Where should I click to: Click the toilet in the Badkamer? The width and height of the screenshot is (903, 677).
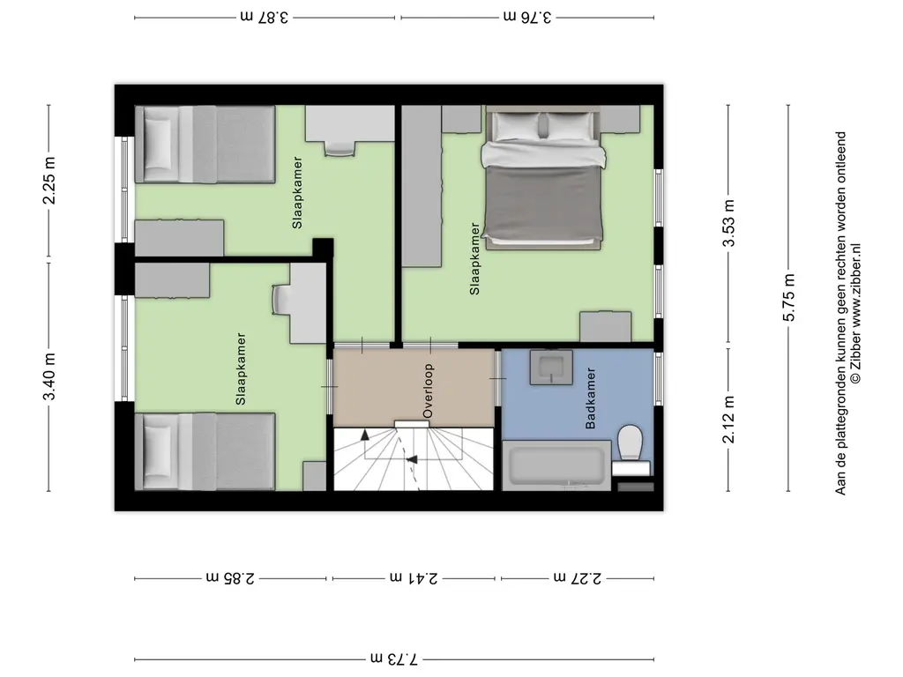(630, 449)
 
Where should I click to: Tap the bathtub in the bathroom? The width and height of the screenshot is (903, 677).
(556, 465)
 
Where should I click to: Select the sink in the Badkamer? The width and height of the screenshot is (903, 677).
(551, 368)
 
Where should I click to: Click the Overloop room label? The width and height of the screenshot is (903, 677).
(428, 391)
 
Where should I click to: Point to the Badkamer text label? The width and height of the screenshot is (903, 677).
(590, 398)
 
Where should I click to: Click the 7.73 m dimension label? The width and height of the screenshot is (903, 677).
(394, 658)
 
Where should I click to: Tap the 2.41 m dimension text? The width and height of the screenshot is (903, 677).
(414, 577)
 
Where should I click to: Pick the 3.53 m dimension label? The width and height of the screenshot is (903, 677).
(728, 223)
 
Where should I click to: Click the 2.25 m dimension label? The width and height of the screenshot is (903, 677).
(49, 180)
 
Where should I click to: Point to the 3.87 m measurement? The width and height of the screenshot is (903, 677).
(265, 17)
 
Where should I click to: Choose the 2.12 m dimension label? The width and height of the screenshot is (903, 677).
(728, 420)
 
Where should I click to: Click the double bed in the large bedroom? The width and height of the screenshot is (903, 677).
(543, 178)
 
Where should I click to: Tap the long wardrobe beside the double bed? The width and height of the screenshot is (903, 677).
(422, 186)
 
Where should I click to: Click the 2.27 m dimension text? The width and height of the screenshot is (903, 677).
(578, 577)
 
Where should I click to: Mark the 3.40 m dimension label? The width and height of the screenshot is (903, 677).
(49, 376)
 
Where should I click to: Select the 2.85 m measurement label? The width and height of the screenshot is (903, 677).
(230, 577)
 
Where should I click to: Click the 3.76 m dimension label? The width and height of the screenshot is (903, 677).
(527, 17)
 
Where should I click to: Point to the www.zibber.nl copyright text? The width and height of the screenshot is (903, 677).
(855, 313)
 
